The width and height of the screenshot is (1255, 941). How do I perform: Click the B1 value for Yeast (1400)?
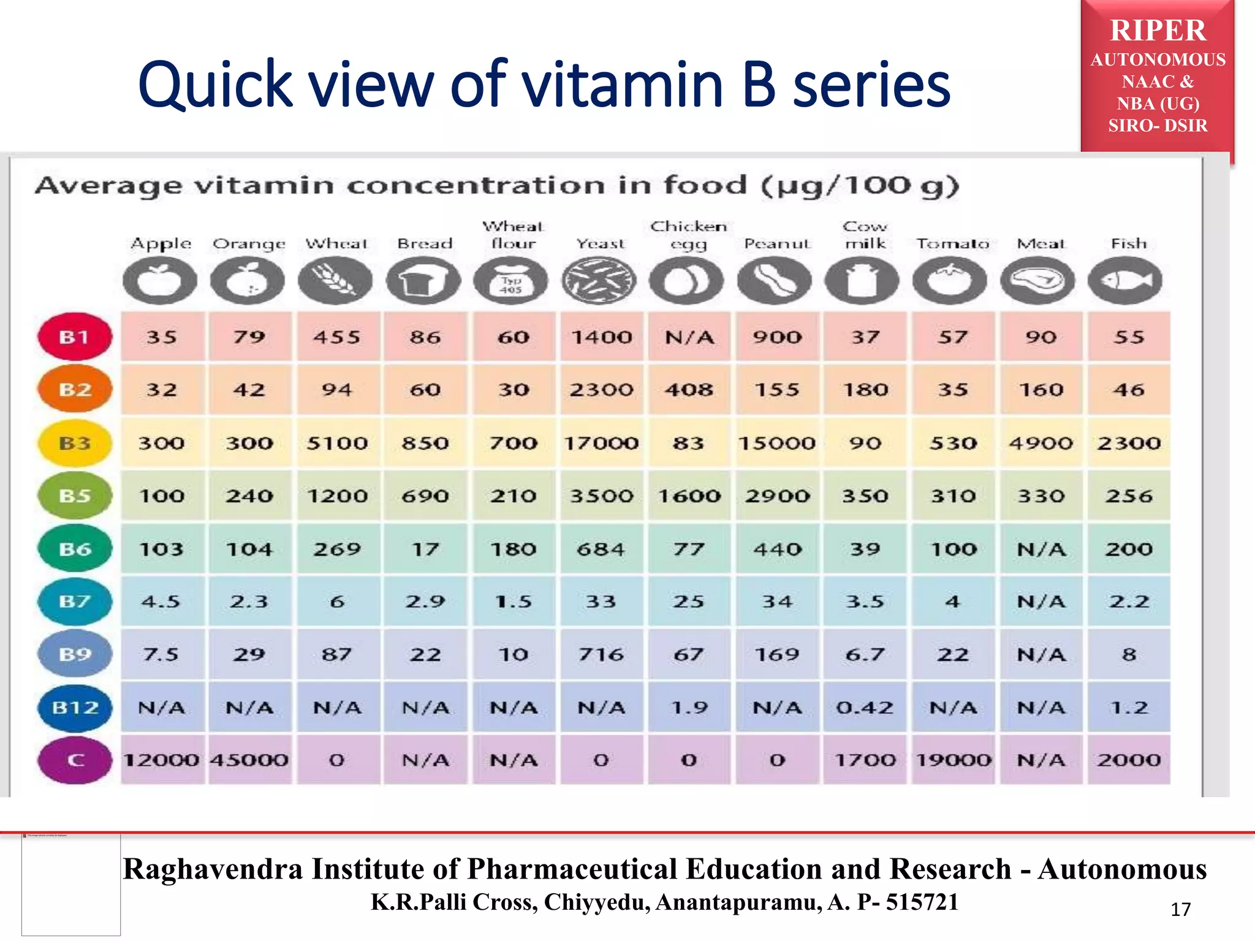(601, 337)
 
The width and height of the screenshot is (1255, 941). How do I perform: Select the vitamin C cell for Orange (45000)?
(249, 760)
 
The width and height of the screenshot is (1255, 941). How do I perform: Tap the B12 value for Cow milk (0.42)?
(865, 708)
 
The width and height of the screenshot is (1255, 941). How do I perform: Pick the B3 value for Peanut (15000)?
(776, 443)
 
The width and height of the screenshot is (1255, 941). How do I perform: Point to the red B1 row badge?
(75, 337)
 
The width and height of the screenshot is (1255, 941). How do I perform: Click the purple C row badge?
(75, 760)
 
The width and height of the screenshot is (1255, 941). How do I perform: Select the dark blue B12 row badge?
(75, 708)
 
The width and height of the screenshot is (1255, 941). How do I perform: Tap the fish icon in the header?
(1125, 281)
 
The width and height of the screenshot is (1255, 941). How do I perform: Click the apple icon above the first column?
(160, 281)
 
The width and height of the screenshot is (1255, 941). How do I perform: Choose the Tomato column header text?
(952, 244)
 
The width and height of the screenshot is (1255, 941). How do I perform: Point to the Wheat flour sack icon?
(511, 281)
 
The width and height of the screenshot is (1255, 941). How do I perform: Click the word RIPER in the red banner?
(1158, 31)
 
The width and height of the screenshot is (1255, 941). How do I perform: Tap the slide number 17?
(1180, 910)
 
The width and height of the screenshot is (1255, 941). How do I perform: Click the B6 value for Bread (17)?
(425, 549)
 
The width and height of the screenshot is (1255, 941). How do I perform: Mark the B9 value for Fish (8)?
(1129, 654)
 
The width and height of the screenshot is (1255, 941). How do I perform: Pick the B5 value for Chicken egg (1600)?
(689, 496)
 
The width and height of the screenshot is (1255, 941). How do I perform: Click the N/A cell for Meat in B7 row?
(1041, 602)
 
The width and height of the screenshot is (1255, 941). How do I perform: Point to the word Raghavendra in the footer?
(213, 869)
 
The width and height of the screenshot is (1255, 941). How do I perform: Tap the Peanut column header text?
(776, 244)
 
